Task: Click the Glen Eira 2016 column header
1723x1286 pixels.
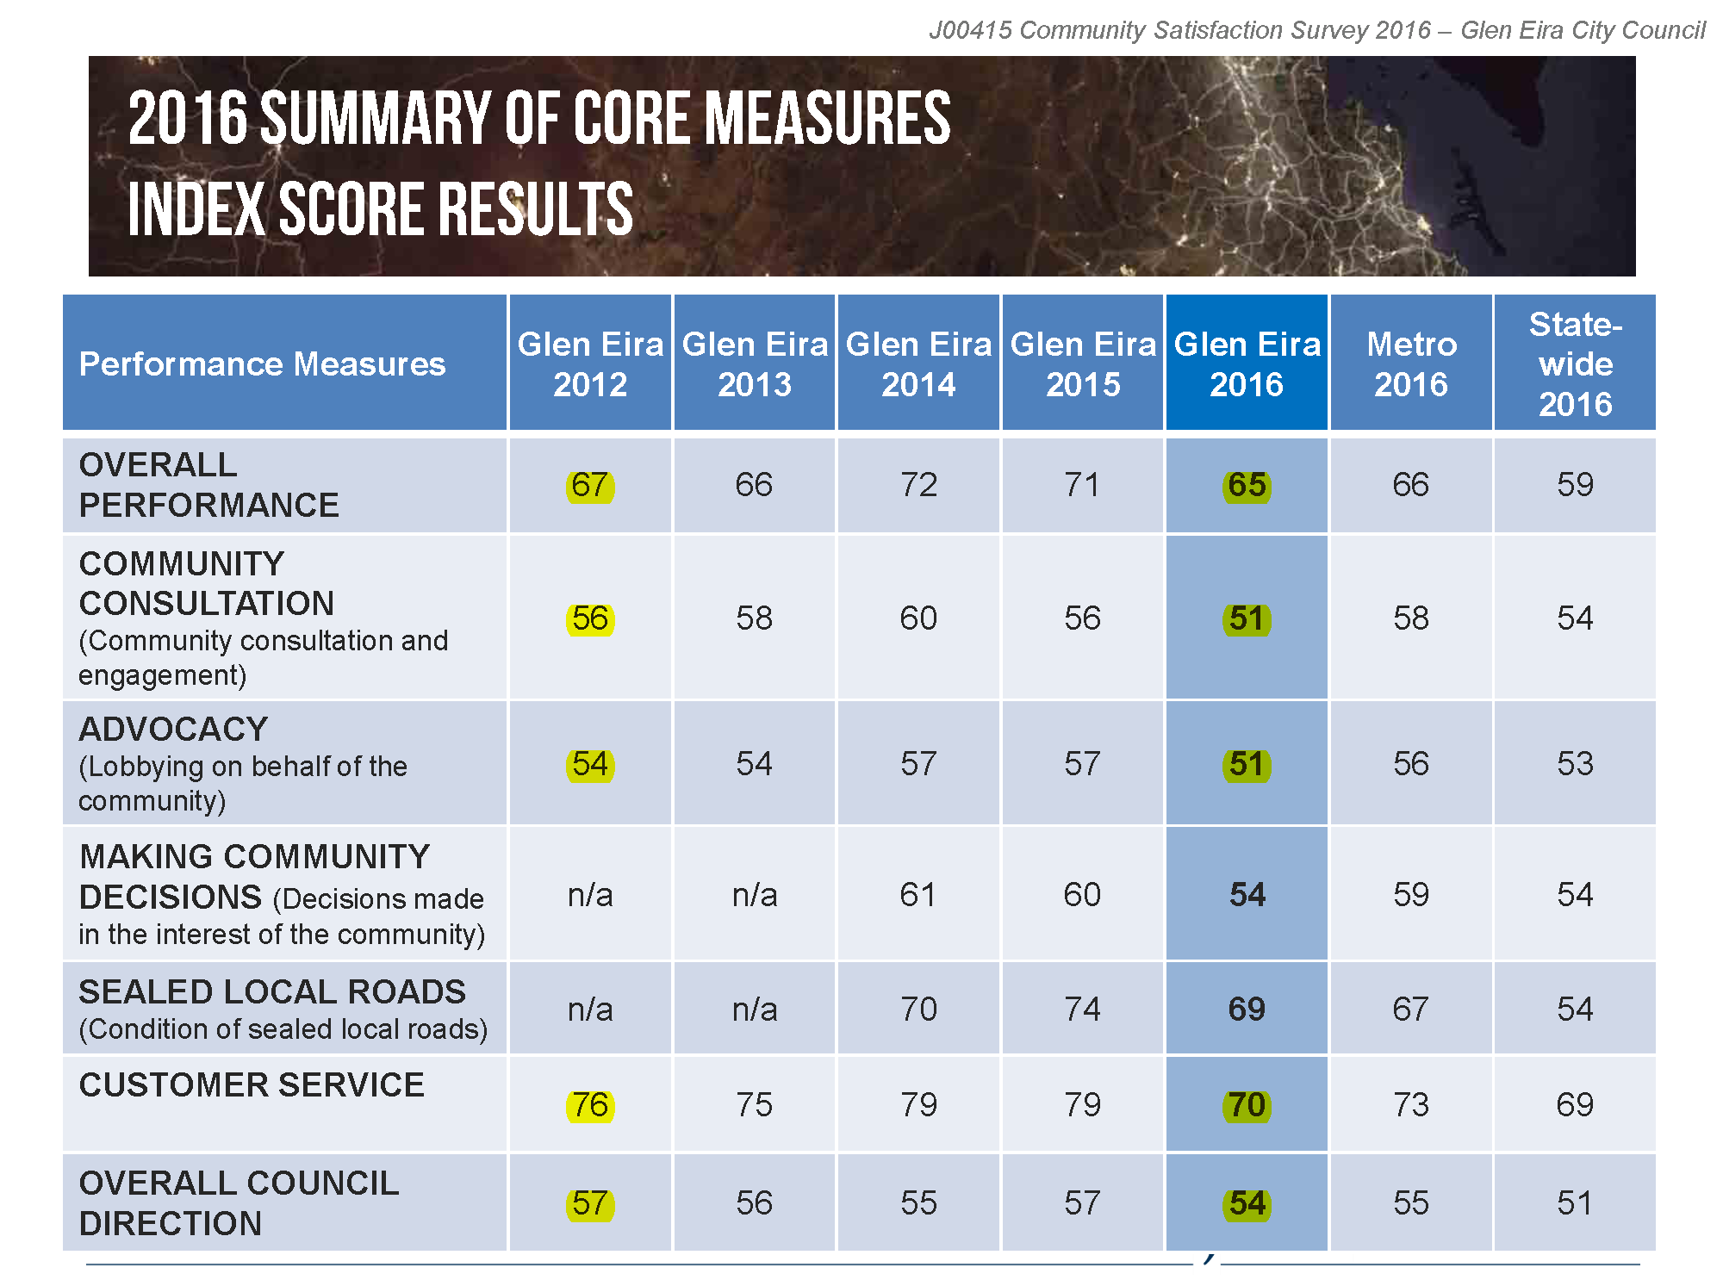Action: coord(1247,363)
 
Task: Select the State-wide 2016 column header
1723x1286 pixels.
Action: coord(1575,363)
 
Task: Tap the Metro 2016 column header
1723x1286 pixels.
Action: coord(1411,363)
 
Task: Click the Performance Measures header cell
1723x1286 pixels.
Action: coord(262,363)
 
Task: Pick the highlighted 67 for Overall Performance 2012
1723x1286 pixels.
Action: coord(590,486)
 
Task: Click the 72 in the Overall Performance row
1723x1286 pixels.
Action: coord(918,485)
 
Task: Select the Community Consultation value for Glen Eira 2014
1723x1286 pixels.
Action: coord(918,618)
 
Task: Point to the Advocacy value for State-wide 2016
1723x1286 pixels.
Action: coord(1575,764)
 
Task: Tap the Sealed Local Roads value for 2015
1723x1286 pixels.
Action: coord(1082,1009)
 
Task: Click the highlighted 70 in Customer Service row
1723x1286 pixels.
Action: coord(1247,1105)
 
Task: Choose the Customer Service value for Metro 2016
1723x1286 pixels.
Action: coord(1411,1105)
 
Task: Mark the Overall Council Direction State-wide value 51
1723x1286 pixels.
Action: coord(1575,1203)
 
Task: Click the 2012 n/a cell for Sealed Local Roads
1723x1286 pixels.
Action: coord(590,1009)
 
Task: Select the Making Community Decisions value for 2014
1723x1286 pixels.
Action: coord(918,895)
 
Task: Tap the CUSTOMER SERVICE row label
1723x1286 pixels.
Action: coord(252,1085)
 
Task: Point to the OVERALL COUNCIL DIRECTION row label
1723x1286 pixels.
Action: coord(239,1203)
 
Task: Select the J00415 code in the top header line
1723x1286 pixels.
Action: coord(970,30)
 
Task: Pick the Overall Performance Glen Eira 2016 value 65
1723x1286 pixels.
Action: coord(1247,486)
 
